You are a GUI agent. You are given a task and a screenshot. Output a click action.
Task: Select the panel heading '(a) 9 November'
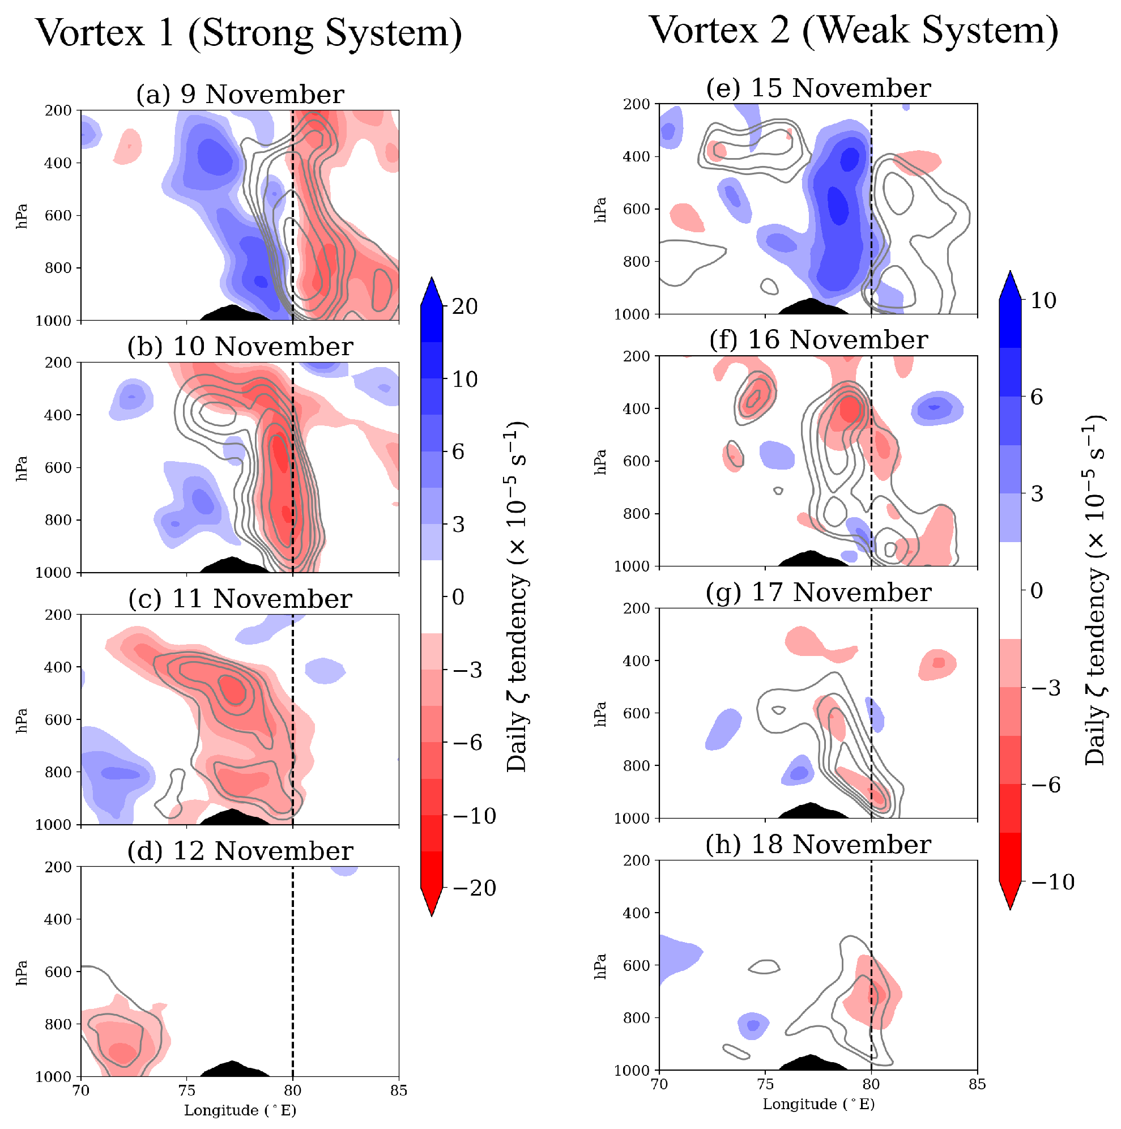[240, 94]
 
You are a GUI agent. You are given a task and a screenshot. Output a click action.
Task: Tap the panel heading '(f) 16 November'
[819, 339]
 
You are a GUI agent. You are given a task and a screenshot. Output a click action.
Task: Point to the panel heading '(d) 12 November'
[240, 851]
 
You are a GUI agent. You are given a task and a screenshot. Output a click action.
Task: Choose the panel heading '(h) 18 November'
[819, 845]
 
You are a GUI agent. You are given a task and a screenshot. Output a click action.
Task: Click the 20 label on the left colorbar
[464, 306]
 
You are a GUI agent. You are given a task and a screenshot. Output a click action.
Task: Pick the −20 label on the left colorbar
[474, 888]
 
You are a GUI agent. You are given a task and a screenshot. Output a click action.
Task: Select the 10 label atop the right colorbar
[1043, 300]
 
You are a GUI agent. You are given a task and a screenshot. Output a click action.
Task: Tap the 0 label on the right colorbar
[1036, 591]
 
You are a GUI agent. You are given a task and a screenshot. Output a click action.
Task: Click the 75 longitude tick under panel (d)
[186, 1090]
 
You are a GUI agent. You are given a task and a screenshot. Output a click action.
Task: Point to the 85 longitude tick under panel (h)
[977, 1084]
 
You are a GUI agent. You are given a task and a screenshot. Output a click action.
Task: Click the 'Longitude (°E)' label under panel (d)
[240, 1110]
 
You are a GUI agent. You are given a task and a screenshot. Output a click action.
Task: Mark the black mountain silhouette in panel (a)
[233, 313]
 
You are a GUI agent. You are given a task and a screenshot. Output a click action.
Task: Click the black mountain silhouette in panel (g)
[811, 811]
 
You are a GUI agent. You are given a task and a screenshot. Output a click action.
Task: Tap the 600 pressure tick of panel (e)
[637, 209]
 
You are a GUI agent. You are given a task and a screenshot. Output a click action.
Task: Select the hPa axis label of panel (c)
[22, 719]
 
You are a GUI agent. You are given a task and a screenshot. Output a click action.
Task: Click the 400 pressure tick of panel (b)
[58, 415]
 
